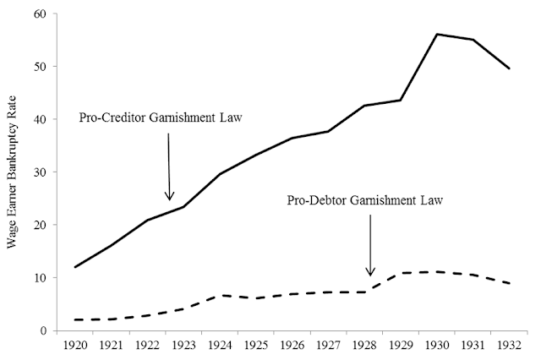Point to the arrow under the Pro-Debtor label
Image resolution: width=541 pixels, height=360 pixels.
[369, 245]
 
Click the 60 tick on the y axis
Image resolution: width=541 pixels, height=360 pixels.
[38, 14]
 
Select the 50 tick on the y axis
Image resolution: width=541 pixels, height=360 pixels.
[38, 67]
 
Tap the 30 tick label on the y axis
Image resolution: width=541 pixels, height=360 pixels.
[38, 172]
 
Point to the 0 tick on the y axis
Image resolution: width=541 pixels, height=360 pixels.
[41, 330]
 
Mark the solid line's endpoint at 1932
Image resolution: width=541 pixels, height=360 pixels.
[508, 68]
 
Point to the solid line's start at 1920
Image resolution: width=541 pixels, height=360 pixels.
[76, 267]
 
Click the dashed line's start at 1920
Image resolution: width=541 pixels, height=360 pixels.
[76, 319]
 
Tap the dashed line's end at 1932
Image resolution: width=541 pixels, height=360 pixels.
[508, 284]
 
